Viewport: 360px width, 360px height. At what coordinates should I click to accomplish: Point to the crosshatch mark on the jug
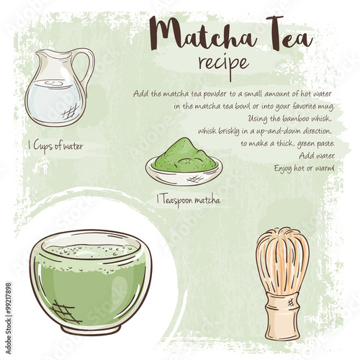tap(70, 112)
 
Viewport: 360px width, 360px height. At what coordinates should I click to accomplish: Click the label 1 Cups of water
tap(55, 145)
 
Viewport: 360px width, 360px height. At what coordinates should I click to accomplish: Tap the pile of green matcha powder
tap(185, 155)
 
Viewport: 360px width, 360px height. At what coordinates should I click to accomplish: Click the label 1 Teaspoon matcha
tap(188, 200)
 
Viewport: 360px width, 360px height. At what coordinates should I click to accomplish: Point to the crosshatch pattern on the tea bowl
tap(65, 311)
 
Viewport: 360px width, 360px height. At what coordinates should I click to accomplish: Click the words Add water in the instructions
tap(317, 156)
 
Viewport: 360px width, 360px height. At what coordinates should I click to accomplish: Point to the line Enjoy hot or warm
tap(304, 168)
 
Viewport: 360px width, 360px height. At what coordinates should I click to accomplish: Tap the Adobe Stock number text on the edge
tap(8, 318)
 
